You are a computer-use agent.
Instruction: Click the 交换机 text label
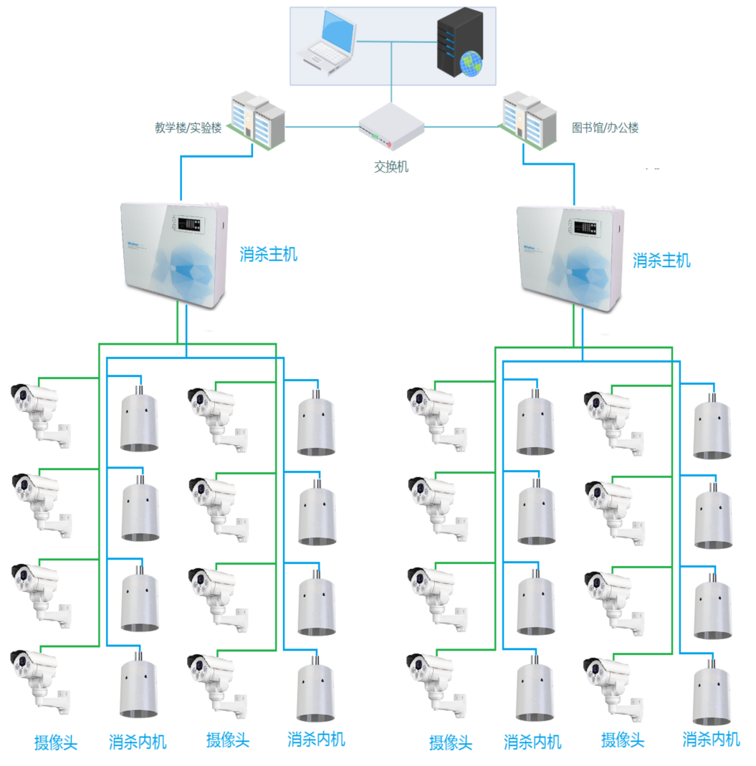tap(391, 166)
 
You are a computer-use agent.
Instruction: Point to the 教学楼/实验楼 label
tap(188, 128)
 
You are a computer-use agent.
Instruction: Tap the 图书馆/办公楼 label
tap(605, 128)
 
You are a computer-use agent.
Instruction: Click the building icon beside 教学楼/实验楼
tap(257, 121)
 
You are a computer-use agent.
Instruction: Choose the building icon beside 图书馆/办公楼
tap(529, 121)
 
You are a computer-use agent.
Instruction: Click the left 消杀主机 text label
tap(268, 254)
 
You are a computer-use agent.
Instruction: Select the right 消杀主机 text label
tap(661, 260)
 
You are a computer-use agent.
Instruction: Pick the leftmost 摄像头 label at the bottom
tap(56, 742)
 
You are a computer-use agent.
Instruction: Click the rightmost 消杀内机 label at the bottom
tap(711, 738)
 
